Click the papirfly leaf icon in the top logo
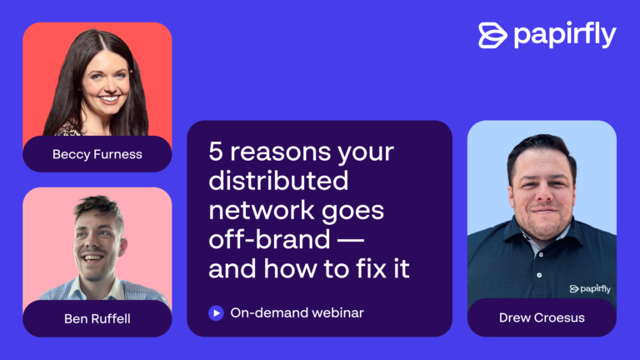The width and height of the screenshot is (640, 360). pos(492,36)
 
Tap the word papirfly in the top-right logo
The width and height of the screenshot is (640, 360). pos(565,35)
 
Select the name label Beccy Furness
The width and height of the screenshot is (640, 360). pos(97,154)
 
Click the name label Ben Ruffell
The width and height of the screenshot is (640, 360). pos(97,319)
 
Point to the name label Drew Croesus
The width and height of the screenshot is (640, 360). pos(542,317)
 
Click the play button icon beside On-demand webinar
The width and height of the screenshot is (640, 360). pos(216,313)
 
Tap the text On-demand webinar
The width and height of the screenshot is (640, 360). pos(297,312)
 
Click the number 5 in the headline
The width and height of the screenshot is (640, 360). pos(216,152)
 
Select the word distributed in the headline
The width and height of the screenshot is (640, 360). pos(278,180)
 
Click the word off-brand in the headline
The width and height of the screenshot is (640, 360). pos(269,239)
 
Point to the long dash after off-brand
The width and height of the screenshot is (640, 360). pos(351,241)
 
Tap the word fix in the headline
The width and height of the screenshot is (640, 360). pos(371,268)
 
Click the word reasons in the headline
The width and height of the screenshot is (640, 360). pos(280,152)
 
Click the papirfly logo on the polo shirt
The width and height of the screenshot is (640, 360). pos(590,289)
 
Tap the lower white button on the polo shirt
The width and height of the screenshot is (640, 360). pos(539,275)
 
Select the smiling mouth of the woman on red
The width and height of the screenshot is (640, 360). pos(109,99)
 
